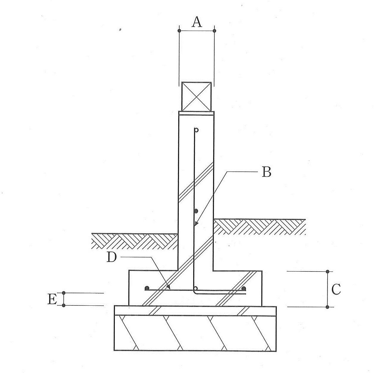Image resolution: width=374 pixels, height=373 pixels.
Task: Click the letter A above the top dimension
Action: point(197,22)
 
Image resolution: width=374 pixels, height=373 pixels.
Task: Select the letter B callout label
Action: point(266,172)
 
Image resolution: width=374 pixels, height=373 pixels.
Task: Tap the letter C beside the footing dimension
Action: point(336,289)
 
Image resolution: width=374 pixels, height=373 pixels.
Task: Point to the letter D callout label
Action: point(112,257)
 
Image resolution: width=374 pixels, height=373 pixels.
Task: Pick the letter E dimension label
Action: point(52,299)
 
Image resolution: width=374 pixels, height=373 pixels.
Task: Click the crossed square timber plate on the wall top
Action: point(196,97)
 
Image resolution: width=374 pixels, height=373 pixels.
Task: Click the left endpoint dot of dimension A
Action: point(179,31)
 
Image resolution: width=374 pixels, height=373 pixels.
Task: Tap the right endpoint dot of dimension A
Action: point(214,31)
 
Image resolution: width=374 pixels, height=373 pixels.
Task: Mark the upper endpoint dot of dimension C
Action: point(328,271)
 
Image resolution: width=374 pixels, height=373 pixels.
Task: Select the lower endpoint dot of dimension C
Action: point(328,307)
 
